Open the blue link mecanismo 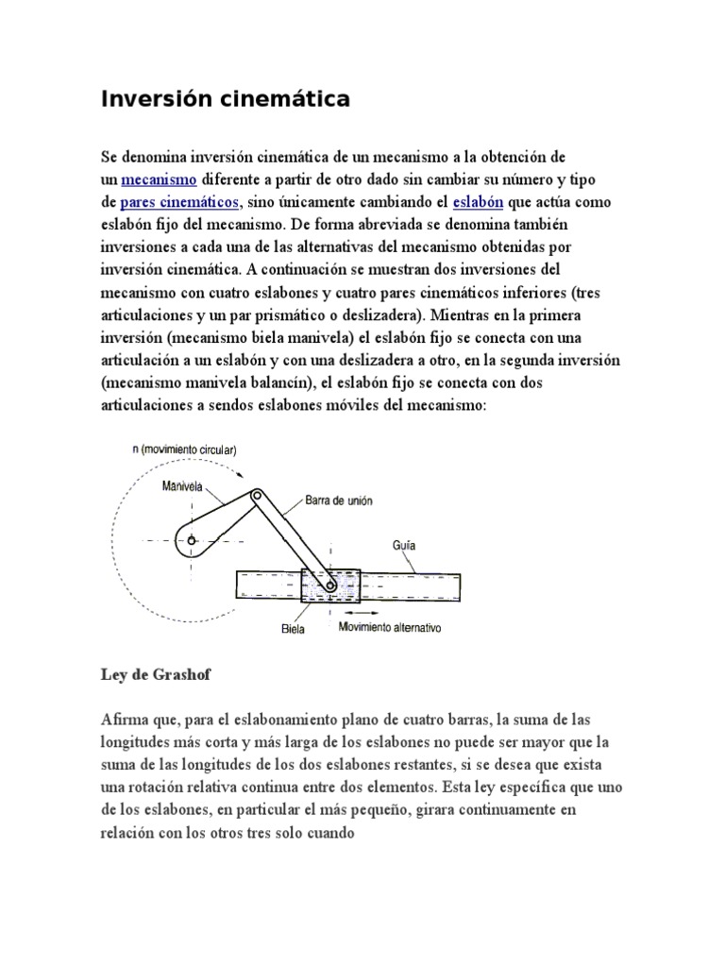pyautogui.click(x=159, y=178)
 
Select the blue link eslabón pyautogui.click(x=479, y=202)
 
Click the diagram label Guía pyautogui.click(x=404, y=545)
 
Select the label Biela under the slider pyautogui.click(x=293, y=628)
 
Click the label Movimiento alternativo pyautogui.click(x=390, y=627)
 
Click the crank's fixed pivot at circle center pyautogui.click(x=192, y=540)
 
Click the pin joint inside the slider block pyautogui.click(x=329, y=587)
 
